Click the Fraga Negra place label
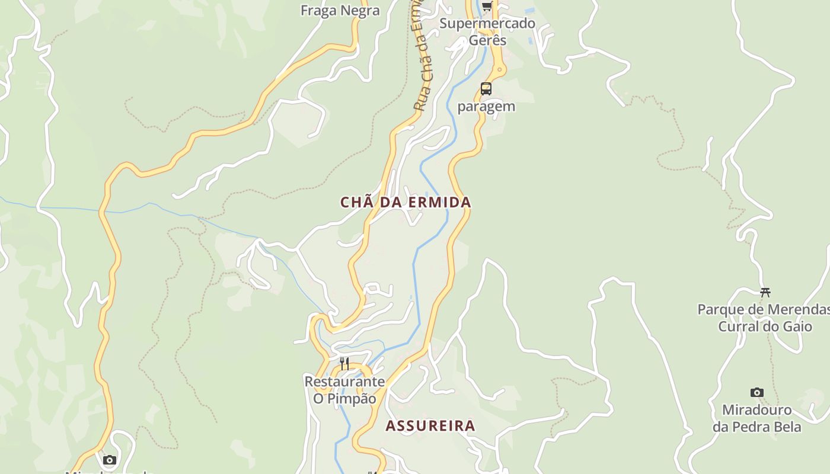click(x=340, y=11)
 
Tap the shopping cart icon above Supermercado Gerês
click(x=487, y=7)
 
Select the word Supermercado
click(x=487, y=24)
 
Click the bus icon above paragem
click(x=486, y=89)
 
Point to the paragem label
click(x=486, y=107)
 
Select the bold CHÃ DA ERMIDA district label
click(x=406, y=203)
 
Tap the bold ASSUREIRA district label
click(x=430, y=425)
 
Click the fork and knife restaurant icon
click(x=344, y=363)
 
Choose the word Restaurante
click(x=344, y=382)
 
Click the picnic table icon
click(x=765, y=292)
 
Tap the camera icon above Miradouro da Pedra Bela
click(x=756, y=392)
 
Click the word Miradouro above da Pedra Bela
click(x=756, y=410)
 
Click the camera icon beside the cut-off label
click(x=109, y=460)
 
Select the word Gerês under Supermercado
click(x=487, y=40)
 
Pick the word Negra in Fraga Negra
click(x=359, y=11)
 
